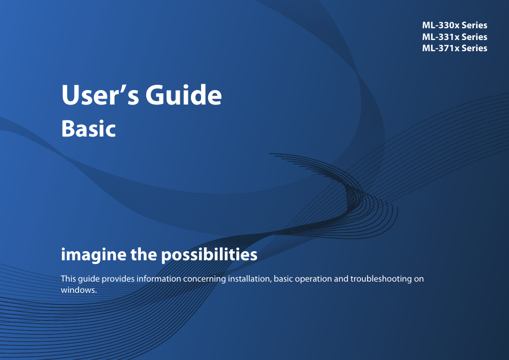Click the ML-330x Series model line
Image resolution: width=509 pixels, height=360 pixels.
pyautogui.click(x=455, y=25)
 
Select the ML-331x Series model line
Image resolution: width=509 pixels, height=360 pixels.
pyautogui.click(x=455, y=37)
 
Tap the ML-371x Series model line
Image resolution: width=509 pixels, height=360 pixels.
pyautogui.click(x=455, y=48)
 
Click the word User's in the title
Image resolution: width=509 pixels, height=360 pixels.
pyautogui.click(x=100, y=95)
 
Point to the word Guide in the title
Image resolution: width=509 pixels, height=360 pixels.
pyautogui.click(x=184, y=94)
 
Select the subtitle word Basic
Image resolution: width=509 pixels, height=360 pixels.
pyautogui.click(x=88, y=129)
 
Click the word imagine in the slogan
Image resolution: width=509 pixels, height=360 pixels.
pyautogui.click(x=93, y=255)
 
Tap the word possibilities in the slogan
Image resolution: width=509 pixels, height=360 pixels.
pyautogui.click(x=209, y=254)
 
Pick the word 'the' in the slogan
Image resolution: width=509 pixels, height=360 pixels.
pyautogui.click(x=144, y=254)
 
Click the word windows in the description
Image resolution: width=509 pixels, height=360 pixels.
pyautogui.click(x=79, y=290)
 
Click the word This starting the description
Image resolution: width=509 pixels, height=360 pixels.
pyautogui.click(x=68, y=279)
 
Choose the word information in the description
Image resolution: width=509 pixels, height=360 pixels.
pyautogui.click(x=159, y=279)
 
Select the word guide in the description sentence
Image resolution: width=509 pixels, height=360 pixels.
pyautogui.click(x=89, y=279)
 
